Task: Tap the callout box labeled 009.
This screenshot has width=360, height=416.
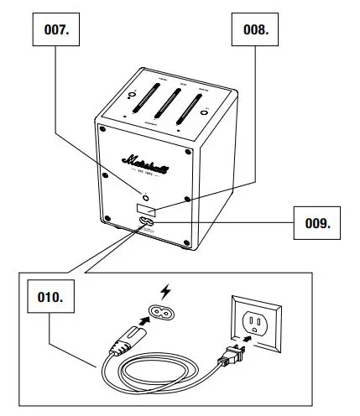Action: pos(318,224)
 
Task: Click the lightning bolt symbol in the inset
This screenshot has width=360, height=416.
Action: pos(165,291)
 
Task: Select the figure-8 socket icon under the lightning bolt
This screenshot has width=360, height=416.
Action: pos(165,313)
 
